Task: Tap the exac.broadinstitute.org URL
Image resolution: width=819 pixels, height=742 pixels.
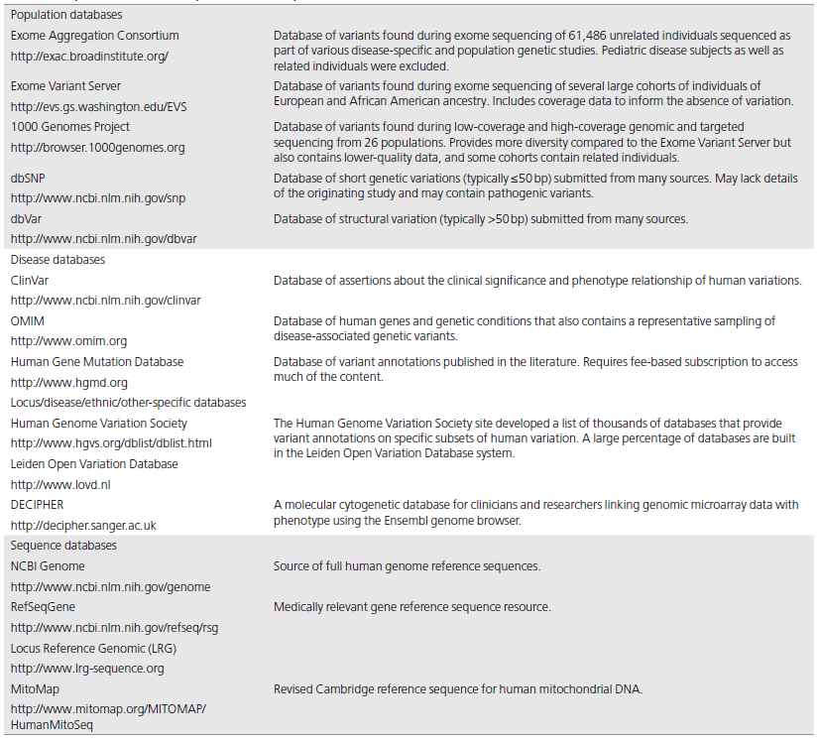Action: point(89,57)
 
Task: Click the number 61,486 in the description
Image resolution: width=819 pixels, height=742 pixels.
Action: point(648,36)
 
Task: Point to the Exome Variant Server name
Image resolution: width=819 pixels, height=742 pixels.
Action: point(65,86)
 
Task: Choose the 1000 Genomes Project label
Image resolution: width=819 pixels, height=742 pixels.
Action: point(70,127)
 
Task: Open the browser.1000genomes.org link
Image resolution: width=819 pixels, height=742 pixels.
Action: point(97,148)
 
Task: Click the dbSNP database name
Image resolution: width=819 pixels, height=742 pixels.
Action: point(29,178)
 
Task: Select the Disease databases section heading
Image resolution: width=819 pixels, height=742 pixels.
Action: point(58,260)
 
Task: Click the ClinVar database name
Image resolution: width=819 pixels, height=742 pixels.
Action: point(30,281)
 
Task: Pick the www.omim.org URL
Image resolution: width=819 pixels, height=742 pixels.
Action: point(68,341)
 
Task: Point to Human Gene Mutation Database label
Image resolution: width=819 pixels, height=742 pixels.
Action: point(97,362)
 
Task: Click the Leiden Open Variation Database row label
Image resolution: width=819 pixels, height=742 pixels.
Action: point(94,463)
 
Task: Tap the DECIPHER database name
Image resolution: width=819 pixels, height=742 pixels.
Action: point(38,504)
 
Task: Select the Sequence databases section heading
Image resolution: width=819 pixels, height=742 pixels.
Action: point(63,546)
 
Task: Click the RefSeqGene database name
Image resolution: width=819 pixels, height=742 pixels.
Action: point(43,606)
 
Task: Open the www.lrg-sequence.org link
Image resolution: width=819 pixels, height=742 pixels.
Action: point(87,668)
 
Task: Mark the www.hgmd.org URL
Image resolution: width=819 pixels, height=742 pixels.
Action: point(68,382)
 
